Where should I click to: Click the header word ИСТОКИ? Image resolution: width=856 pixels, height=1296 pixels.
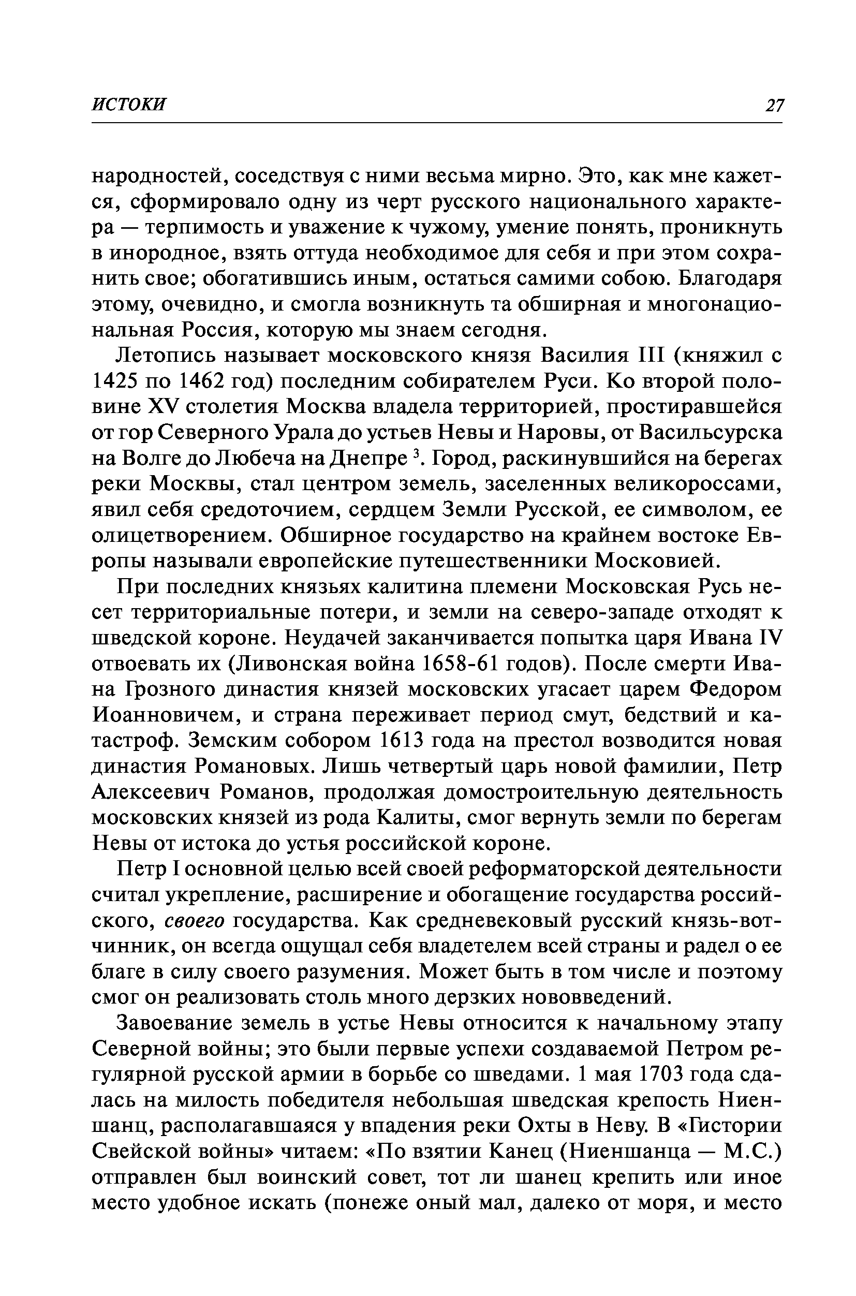pos(129,104)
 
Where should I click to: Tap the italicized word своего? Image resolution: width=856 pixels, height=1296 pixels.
pos(195,921)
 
